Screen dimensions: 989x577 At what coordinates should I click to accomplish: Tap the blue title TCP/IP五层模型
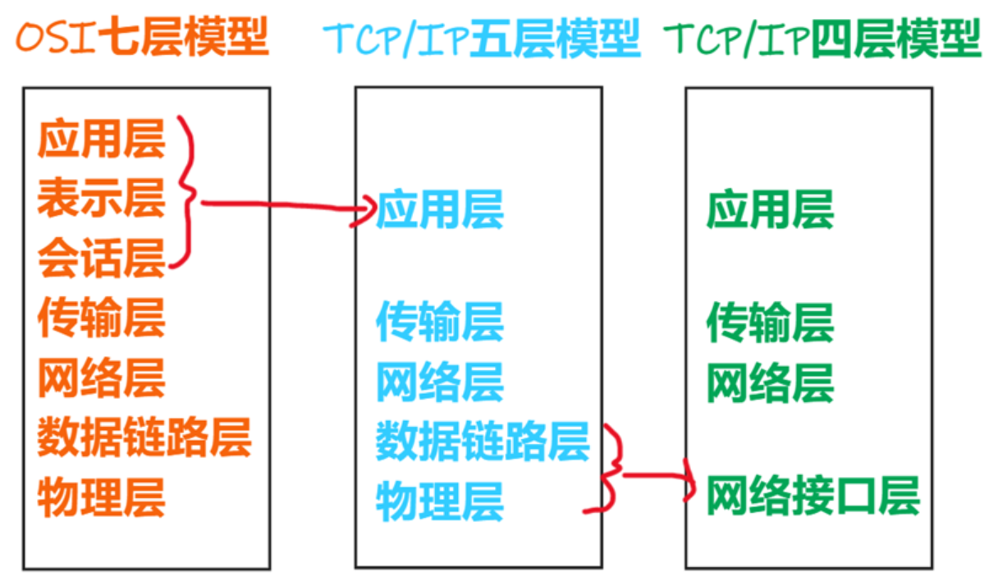click(x=482, y=38)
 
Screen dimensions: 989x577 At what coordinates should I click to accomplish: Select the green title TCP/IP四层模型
click(x=822, y=38)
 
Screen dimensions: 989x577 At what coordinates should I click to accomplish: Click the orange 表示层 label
click(x=102, y=199)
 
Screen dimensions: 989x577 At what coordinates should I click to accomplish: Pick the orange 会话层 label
click(x=102, y=258)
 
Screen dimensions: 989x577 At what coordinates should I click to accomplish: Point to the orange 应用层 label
click(x=102, y=139)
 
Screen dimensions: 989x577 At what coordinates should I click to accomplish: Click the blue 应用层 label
click(x=440, y=209)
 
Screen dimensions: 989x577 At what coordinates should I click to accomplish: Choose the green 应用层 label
click(x=771, y=209)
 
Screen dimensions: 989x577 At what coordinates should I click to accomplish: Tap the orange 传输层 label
click(x=102, y=318)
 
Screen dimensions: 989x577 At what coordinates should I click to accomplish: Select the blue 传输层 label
click(x=440, y=322)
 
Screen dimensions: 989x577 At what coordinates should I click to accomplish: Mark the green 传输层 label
click(x=771, y=322)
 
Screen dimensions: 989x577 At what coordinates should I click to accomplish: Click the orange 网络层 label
click(x=102, y=378)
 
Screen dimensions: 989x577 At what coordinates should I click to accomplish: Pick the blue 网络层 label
click(x=440, y=382)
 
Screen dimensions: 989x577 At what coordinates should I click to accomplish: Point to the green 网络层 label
click(x=771, y=382)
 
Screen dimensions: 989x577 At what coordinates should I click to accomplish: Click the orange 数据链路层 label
click(x=144, y=437)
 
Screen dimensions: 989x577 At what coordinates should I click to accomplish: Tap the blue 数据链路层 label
click(x=483, y=441)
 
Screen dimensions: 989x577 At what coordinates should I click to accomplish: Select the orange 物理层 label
click(x=102, y=497)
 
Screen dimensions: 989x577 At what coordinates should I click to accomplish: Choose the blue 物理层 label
click(x=440, y=501)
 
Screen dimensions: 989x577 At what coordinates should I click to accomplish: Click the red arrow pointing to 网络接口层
click(x=658, y=475)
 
